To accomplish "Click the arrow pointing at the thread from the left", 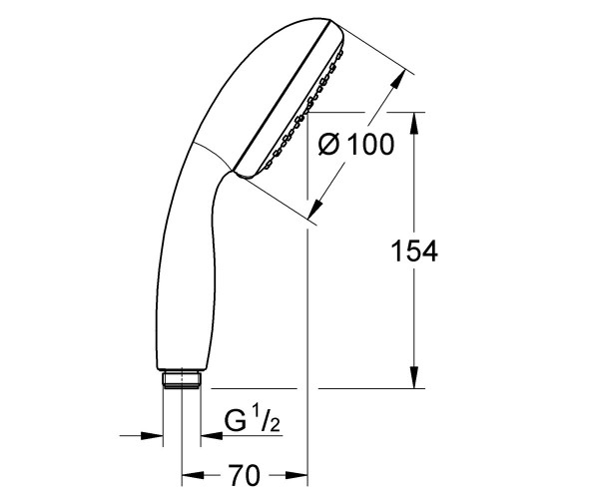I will coord(154,435).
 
